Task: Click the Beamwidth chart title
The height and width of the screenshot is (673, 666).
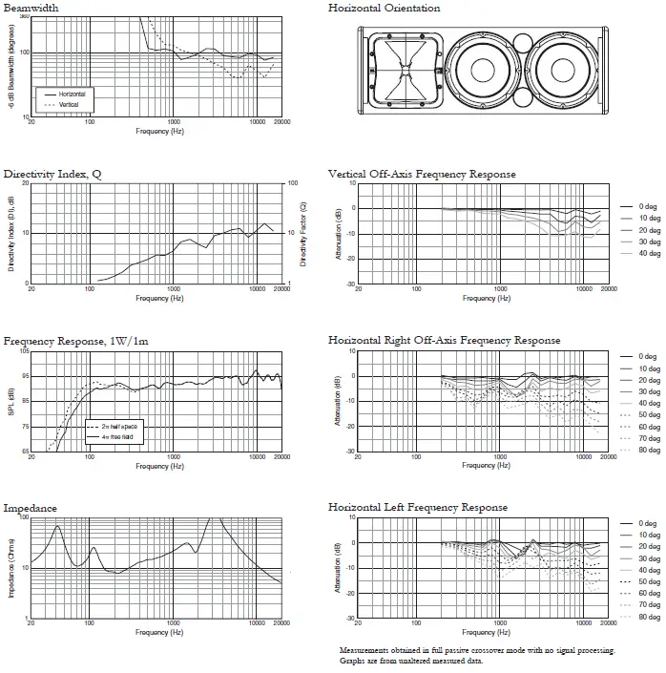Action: pyautogui.click(x=31, y=8)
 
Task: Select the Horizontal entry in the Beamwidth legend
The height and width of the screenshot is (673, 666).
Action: pyautogui.click(x=72, y=95)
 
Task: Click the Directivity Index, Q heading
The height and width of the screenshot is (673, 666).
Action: pyautogui.click(x=52, y=175)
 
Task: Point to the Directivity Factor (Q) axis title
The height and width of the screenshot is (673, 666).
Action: pyautogui.click(x=302, y=234)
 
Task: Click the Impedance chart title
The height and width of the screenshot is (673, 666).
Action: pyautogui.click(x=31, y=508)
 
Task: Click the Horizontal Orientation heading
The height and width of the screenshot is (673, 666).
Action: pyautogui.click(x=384, y=8)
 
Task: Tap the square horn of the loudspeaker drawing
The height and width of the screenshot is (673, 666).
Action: pyautogui.click(x=406, y=71)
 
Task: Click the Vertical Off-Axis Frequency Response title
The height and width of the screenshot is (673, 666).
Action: pyautogui.click(x=422, y=175)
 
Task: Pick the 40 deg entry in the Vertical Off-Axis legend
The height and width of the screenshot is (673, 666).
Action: pyautogui.click(x=648, y=253)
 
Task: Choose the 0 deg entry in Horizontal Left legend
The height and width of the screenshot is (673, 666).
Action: pyautogui.click(x=648, y=523)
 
